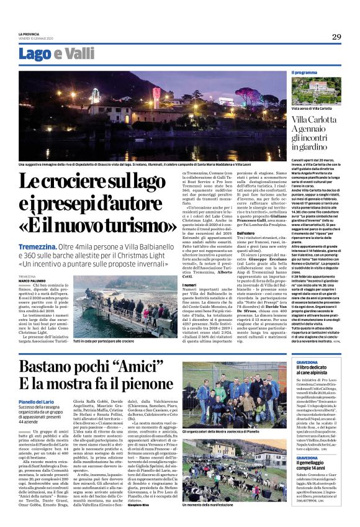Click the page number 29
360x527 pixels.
pos(336,37)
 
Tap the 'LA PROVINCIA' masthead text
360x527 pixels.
pos(29,34)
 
